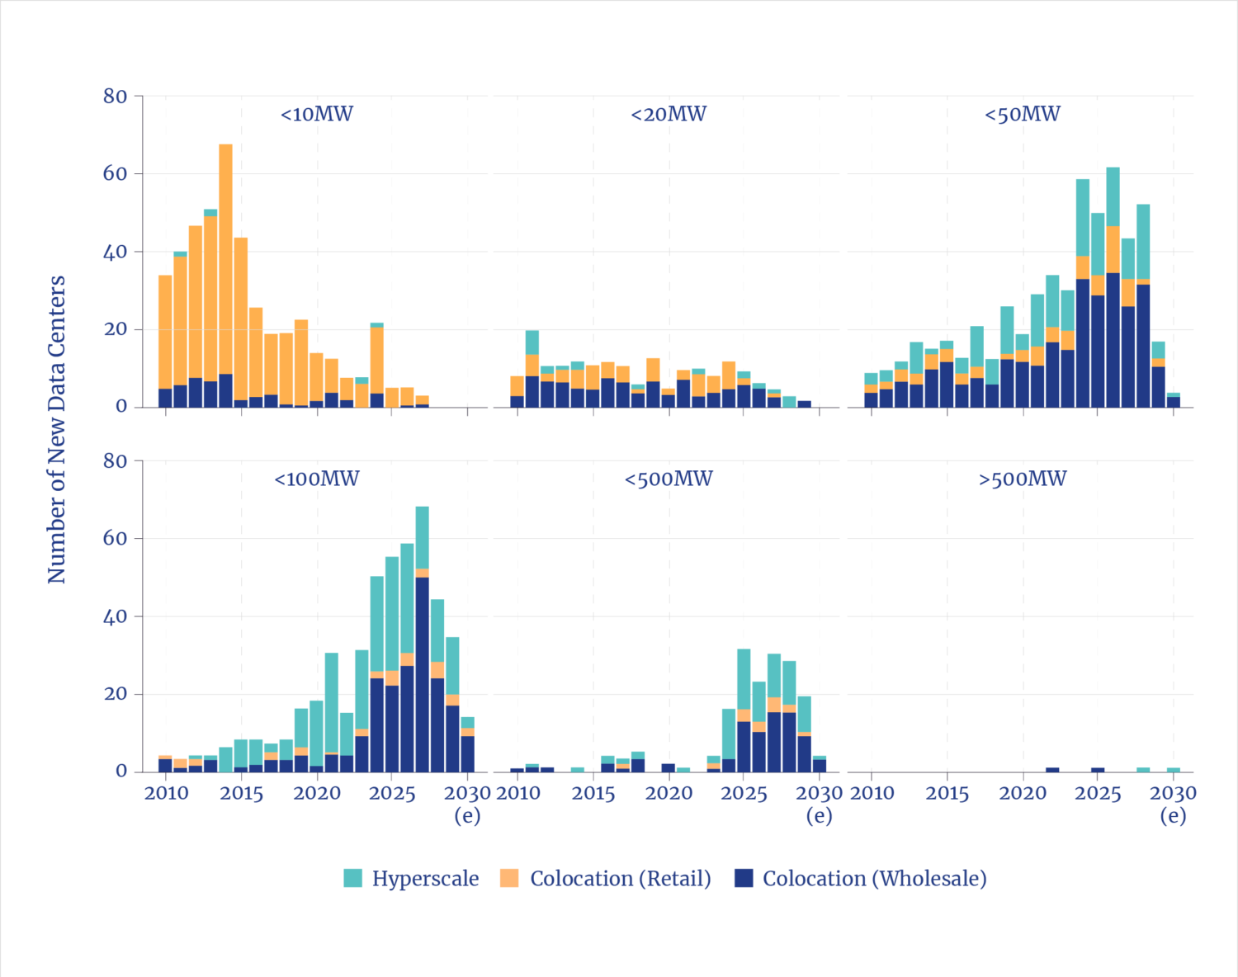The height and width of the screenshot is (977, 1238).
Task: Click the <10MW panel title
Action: [317, 114]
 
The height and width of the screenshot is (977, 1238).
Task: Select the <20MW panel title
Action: [669, 114]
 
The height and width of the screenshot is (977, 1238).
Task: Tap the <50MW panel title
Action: [1023, 114]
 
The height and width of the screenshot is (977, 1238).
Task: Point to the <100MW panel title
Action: [317, 479]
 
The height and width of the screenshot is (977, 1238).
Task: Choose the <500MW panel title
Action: [669, 479]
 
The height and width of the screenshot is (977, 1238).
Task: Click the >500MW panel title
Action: [1023, 479]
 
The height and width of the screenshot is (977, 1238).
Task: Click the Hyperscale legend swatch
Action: [352, 878]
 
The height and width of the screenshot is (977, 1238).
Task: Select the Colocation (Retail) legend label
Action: [621, 878]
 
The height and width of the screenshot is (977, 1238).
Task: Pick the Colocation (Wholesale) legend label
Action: [875, 878]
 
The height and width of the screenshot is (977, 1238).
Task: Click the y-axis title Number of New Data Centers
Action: [56, 429]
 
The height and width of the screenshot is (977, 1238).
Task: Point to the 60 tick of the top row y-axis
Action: [115, 174]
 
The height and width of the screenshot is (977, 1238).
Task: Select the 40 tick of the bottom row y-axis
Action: [115, 616]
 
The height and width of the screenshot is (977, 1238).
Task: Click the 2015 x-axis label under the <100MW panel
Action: [241, 794]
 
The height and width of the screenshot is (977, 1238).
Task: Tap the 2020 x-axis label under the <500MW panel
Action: [669, 794]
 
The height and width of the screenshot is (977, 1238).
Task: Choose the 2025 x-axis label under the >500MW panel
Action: [1098, 794]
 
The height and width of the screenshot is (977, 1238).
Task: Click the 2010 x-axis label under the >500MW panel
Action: [872, 794]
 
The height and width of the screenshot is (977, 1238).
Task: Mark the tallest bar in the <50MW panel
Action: [1113, 289]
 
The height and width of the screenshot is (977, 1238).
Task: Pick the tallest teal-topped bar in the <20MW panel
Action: [532, 367]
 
